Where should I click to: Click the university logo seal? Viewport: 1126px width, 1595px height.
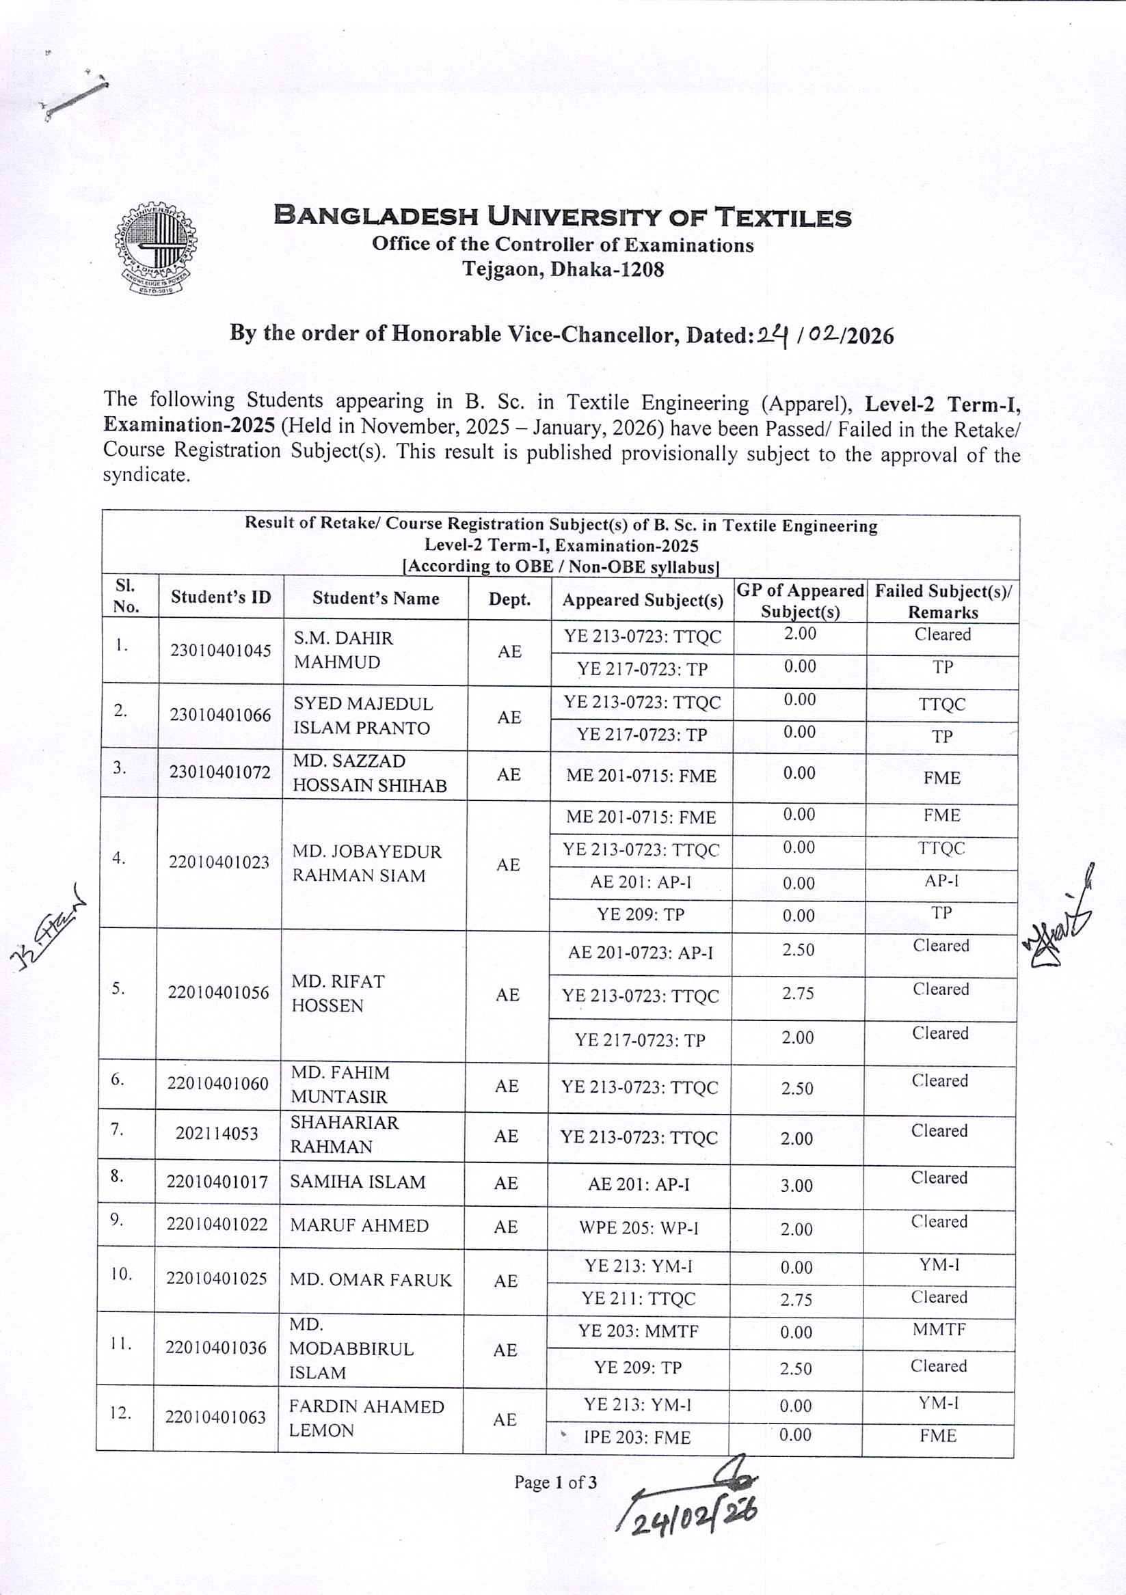[x=155, y=249]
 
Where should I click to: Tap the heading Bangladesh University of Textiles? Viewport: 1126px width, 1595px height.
[x=562, y=216]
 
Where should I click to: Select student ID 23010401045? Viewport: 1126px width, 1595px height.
[x=220, y=651]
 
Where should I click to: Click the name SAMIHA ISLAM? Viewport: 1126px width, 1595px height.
[x=358, y=1182]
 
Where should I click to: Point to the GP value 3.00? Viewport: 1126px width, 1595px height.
[x=796, y=1185]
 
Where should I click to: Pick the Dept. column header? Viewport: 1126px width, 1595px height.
[x=509, y=599]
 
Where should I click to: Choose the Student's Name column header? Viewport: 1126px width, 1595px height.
[x=375, y=598]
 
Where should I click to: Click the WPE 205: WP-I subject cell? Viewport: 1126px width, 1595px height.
[x=639, y=1228]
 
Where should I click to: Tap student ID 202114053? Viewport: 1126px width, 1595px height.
[x=217, y=1134]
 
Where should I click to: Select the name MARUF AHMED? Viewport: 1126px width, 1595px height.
[x=360, y=1225]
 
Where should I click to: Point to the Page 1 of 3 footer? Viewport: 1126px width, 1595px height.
[x=555, y=1482]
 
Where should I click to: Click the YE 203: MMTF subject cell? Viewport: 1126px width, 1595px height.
[x=638, y=1331]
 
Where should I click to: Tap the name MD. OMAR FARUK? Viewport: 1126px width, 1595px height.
[x=371, y=1279]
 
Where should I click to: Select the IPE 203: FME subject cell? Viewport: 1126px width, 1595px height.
[x=636, y=1437]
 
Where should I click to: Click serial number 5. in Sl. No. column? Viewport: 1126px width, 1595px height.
[x=119, y=988]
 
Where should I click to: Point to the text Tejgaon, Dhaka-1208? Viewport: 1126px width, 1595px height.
[x=563, y=269]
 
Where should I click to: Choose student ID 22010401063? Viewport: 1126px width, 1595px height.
[x=215, y=1417]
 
